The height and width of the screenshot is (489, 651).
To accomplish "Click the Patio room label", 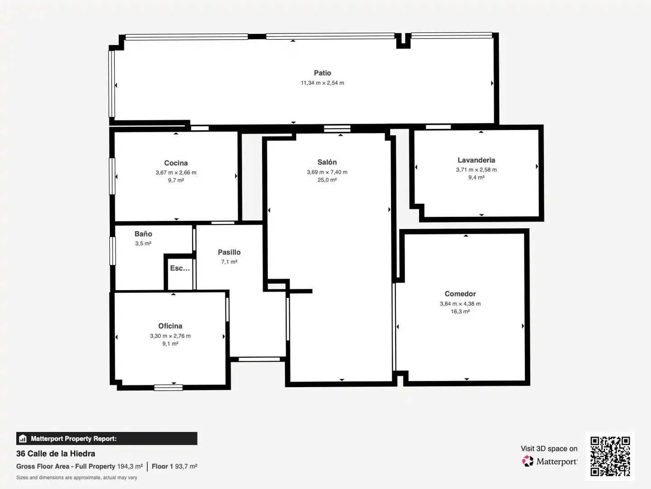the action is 322,73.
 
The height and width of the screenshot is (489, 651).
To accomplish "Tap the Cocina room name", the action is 176,163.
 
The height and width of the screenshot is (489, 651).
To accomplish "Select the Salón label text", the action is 327,162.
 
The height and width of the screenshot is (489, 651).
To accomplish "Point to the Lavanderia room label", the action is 476,160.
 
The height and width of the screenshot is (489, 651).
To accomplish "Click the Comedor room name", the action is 460,294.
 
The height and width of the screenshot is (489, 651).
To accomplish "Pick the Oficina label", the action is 170,326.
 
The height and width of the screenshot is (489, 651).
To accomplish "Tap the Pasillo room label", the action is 229,252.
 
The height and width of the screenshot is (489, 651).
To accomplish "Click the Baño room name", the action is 143,234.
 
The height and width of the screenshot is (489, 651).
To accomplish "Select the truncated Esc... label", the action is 180,268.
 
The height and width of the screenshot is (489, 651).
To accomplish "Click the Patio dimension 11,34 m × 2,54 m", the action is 322,83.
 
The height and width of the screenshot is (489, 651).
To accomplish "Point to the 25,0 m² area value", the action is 327,180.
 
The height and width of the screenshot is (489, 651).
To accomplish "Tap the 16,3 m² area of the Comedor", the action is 460,311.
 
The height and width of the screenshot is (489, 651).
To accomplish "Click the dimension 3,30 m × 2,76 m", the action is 170,336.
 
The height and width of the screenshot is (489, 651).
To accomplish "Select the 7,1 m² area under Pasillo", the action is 229,262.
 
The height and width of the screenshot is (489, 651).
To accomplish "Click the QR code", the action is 610,456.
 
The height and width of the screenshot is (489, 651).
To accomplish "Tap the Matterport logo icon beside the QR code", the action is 528,461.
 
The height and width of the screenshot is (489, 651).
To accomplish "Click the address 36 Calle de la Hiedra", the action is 56,453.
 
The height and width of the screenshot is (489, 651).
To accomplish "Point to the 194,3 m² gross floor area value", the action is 130,466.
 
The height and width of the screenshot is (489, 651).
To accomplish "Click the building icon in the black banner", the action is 23,439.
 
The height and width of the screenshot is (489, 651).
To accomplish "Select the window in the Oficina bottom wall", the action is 168,387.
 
